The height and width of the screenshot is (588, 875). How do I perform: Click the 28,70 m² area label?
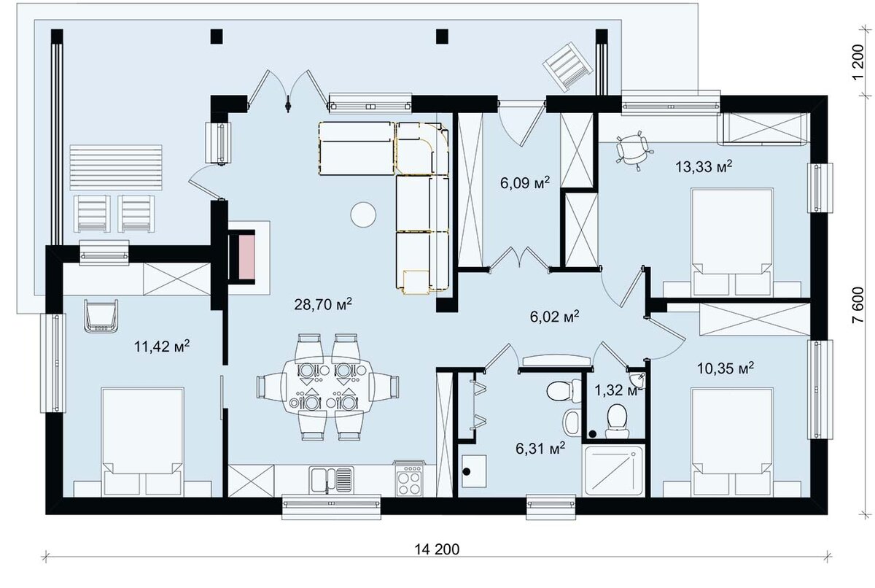point(322,304)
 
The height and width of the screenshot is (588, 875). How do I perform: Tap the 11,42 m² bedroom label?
point(162,346)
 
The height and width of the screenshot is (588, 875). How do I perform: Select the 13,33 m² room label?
point(704,167)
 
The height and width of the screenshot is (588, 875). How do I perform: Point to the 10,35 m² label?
point(726,368)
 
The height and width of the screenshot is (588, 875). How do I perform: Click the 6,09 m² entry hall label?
point(525,182)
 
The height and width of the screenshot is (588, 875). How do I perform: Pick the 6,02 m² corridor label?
point(554,317)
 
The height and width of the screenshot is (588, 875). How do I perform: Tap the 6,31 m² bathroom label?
point(540,449)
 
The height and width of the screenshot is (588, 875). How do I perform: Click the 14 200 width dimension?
point(437,549)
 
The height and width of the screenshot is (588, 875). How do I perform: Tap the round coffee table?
point(363,214)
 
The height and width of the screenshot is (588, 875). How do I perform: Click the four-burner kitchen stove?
point(409,479)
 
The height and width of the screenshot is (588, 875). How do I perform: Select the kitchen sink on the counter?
point(331,479)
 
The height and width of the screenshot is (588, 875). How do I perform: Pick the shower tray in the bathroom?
point(612,471)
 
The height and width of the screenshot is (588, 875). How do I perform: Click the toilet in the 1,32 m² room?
point(617,421)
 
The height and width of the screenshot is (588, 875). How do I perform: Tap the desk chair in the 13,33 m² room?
point(632,151)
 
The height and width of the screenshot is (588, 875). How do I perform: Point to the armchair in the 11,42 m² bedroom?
point(101,316)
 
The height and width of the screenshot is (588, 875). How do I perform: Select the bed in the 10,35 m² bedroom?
point(732,441)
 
